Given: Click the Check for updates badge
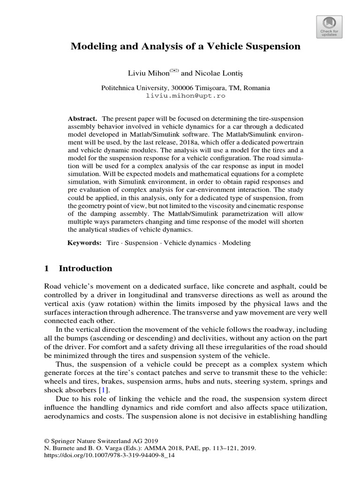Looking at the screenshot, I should [x=329, y=26].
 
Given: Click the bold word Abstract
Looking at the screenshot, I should [x=82, y=119].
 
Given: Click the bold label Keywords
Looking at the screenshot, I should [x=84, y=243].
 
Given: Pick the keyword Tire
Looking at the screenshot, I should [x=113, y=243].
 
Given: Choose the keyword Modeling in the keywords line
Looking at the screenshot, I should [x=236, y=243].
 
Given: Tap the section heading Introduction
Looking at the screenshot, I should [x=85, y=269].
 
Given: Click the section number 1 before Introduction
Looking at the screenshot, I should [x=46, y=269].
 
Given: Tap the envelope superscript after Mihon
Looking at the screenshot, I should [x=174, y=71].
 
